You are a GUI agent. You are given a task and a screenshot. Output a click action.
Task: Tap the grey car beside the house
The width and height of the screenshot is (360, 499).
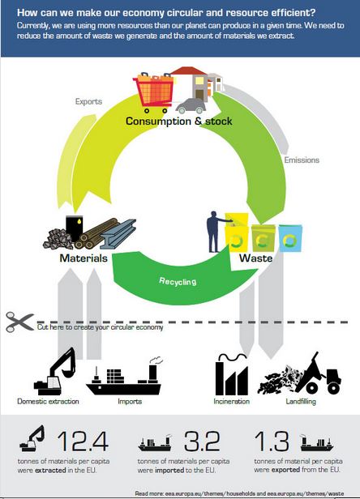pyautogui.click(x=191, y=106)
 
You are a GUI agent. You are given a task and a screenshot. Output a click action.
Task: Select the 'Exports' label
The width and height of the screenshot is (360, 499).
pyautogui.click(x=88, y=101)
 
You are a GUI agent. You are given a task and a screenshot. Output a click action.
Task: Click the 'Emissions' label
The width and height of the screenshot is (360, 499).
pyautogui.click(x=302, y=160)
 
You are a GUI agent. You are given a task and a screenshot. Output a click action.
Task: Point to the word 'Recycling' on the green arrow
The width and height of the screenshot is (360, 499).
pyautogui.click(x=178, y=281)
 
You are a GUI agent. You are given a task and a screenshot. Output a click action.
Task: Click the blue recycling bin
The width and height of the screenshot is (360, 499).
pyautogui.click(x=290, y=238)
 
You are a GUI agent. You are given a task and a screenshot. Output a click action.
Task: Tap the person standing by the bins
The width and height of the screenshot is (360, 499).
pyautogui.click(x=215, y=232)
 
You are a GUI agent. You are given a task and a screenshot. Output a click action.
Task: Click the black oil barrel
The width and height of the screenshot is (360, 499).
pyautogui.click(x=75, y=228)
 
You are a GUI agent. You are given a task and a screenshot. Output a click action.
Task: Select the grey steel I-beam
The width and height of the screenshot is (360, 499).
pyautogui.click(x=118, y=234)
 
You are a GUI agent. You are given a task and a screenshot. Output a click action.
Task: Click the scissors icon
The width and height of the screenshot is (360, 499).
pyautogui.click(x=19, y=322)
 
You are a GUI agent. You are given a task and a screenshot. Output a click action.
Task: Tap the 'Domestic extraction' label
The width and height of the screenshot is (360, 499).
pyautogui.click(x=48, y=401)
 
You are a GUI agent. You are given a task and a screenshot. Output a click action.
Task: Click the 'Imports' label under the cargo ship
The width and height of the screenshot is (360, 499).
pyautogui.click(x=130, y=401)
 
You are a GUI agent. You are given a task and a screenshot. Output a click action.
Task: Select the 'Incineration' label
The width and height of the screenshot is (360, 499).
pyautogui.click(x=232, y=401)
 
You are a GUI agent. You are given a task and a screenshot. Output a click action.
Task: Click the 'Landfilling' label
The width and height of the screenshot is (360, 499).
pyautogui.click(x=301, y=401)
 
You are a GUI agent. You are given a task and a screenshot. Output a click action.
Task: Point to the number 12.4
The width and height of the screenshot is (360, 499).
pyautogui.click(x=83, y=441)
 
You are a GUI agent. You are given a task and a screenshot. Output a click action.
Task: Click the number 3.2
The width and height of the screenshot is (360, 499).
pyautogui.click(x=202, y=441)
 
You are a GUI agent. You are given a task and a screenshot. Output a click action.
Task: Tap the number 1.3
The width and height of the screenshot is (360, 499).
pyautogui.click(x=272, y=441)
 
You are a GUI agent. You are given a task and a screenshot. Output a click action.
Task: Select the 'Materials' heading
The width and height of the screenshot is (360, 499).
pyautogui.click(x=84, y=258)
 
